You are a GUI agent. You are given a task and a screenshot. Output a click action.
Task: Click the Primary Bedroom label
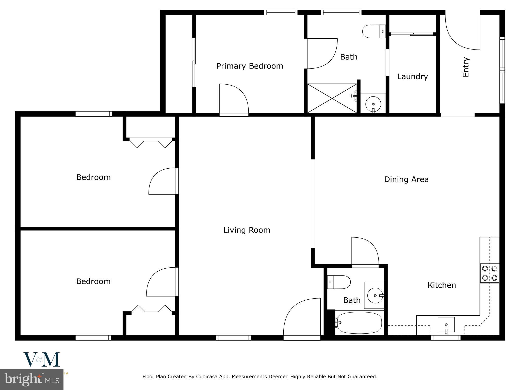[x=250, y=66]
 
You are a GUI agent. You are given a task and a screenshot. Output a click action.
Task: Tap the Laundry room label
[x=412, y=76]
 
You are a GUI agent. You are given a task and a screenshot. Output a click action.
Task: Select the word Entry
[x=466, y=67]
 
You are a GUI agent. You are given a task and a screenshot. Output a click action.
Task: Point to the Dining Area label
[x=406, y=180]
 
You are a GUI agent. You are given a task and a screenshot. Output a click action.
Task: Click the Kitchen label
[x=442, y=285]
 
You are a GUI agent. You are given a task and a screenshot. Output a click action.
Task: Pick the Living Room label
[x=247, y=230]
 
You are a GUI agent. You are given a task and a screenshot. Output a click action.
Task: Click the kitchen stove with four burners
[x=489, y=273]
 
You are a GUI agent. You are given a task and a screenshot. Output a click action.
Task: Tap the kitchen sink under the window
[x=446, y=325]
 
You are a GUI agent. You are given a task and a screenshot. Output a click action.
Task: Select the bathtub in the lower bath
[x=359, y=323]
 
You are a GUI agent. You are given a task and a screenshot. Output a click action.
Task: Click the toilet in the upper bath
[x=373, y=31]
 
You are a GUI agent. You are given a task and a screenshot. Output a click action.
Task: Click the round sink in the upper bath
[x=373, y=104]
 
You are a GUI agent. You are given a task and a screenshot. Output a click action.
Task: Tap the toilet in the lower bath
[x=339, y=282]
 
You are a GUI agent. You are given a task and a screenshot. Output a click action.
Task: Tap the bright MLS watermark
[x=32, y=380]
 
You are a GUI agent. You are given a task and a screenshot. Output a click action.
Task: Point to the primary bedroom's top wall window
[x=281, y=12]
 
